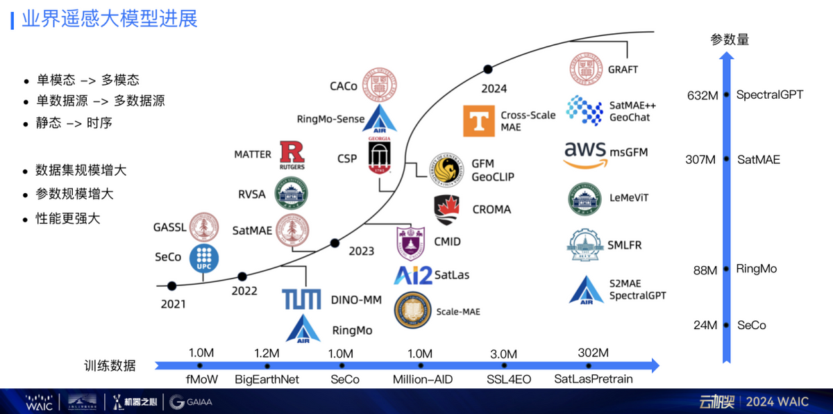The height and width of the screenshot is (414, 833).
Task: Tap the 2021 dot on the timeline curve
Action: pos(171,285)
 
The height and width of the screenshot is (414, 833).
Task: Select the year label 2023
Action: pos(362,251)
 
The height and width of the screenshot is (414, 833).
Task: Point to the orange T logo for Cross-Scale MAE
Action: pos(479,120)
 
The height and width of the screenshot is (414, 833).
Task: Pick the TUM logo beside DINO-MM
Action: pos(301,299)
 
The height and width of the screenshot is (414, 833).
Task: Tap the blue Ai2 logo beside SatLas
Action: pos(412,275)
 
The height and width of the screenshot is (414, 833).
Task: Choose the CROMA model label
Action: pos(491,209)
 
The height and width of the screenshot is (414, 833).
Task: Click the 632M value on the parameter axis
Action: pos(702,95)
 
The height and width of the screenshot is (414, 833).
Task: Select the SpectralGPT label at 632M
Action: pos(769,94)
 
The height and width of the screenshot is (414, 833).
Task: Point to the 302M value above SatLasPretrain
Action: pos(593,353)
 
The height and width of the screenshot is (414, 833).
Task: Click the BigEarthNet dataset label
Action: pos(267,379)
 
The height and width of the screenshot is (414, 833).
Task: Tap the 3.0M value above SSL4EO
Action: pos(503,354)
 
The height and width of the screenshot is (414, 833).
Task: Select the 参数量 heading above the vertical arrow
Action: pos(729,40)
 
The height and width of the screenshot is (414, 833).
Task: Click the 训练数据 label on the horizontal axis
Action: pos(110,365)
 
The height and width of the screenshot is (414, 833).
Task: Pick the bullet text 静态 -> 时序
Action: pos(74,123)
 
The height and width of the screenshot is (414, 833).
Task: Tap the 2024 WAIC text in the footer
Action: pos(778,401)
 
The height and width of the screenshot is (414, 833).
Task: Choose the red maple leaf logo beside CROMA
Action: pos(448,209)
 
